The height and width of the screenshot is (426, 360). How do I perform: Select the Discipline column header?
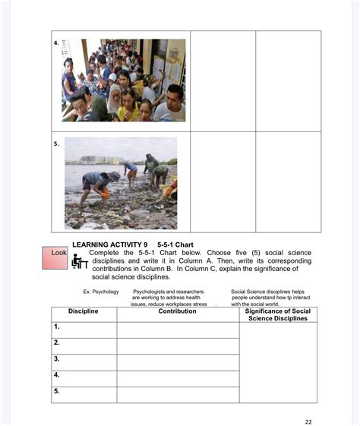click(x=84, y=311)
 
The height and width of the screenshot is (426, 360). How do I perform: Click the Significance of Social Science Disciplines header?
click(x=278, y=314)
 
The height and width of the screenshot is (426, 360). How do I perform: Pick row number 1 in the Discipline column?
click(x=57, y=327)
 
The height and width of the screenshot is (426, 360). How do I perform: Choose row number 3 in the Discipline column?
click(x=57, y=358)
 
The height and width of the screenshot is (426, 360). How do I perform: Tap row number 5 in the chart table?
click(x=57, y=391)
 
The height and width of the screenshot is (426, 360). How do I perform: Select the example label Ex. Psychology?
click(x=101, y=292)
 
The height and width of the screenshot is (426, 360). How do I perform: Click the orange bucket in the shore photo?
click(x=106, y=195)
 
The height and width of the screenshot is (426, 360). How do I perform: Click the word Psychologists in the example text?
click(x=150, y=292)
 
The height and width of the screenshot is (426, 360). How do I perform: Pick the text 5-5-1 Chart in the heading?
click(x=176, y=244)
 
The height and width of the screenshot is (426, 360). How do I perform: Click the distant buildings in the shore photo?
click(x=95, y=160)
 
